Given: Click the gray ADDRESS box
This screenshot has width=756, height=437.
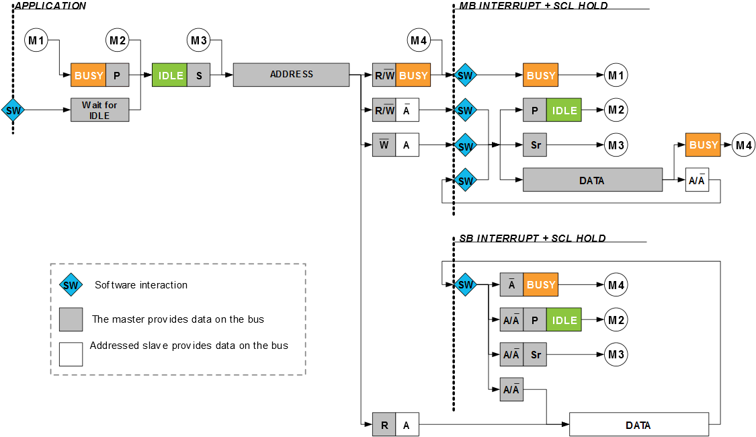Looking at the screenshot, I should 291,75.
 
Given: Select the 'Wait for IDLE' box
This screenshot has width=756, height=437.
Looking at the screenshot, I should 99,110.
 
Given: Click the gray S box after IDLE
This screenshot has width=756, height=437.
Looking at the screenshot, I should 199,75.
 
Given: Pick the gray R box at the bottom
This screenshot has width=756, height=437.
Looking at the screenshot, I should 384,425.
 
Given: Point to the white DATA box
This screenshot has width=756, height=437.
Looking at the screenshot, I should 638,425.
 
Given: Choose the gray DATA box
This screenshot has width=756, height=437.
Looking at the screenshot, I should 592,180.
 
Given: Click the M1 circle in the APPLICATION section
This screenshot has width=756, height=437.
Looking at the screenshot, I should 36,41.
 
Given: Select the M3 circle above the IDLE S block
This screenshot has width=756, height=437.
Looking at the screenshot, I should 199,41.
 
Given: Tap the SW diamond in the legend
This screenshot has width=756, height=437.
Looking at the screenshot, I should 71,285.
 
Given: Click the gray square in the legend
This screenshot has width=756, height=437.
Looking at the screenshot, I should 71,319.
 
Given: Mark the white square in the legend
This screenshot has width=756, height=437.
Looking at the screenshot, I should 71,354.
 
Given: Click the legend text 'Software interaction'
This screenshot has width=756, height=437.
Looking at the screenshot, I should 141,285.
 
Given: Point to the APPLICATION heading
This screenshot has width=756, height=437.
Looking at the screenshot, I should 50,6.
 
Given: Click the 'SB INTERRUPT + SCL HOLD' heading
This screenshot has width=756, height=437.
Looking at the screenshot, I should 533,239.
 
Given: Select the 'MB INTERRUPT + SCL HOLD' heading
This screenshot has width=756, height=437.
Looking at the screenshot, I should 534,6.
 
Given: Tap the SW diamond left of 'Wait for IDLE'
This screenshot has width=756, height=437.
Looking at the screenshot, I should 13,110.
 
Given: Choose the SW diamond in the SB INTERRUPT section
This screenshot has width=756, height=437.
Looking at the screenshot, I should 465,285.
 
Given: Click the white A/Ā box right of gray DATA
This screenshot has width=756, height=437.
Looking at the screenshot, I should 697,180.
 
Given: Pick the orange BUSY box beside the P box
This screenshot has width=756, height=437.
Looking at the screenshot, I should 89,75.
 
